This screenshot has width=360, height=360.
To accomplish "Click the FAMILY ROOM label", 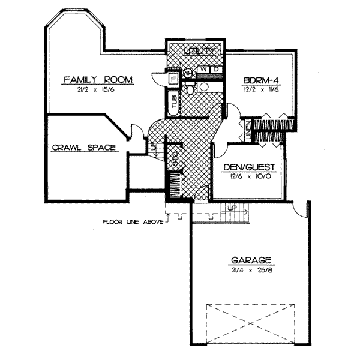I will coord(98,79).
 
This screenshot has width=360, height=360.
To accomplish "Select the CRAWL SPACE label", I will coord(83,146).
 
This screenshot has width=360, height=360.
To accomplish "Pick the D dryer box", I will coord(215,70).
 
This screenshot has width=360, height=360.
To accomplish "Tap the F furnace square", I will coord(173,78).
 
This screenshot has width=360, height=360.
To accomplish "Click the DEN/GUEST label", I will coord(248,166).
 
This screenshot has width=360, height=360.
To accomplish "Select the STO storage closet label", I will coord(175,159).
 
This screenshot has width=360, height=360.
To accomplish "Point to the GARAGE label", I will coord(251,260).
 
